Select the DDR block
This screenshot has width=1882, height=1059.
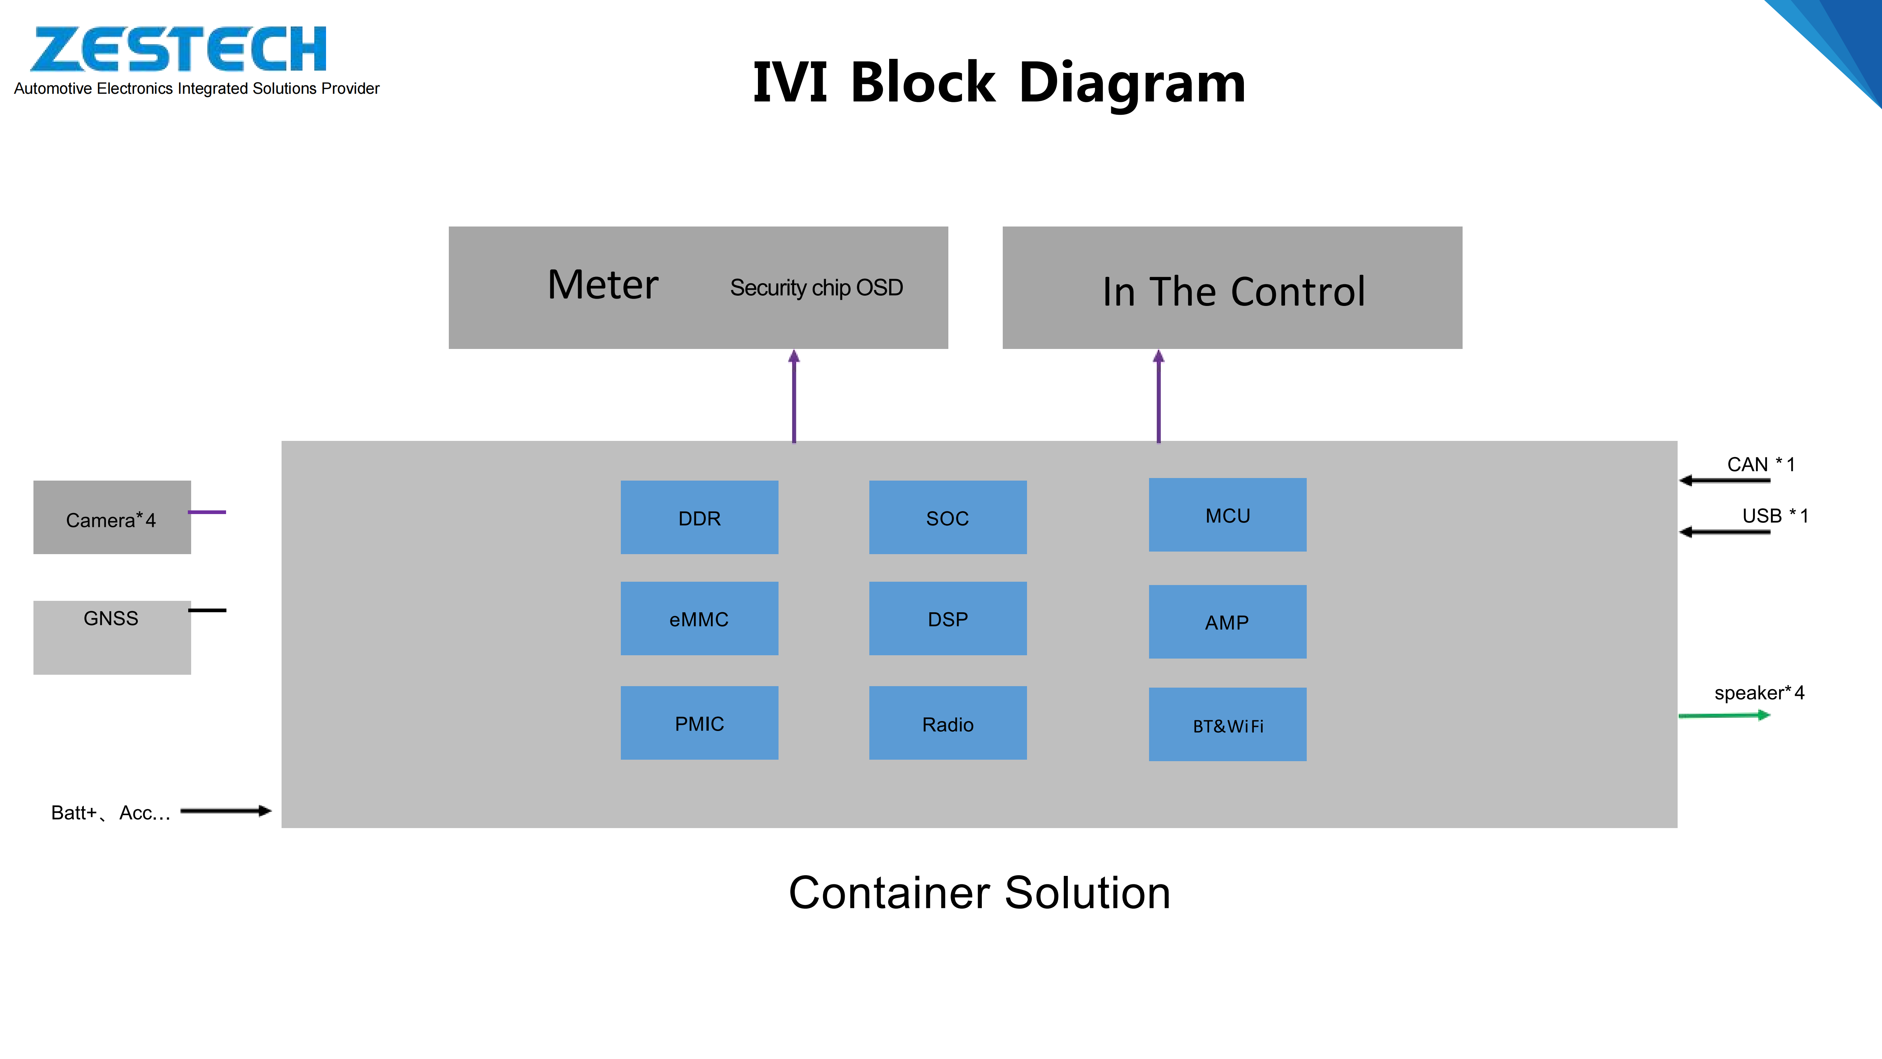coord(699,517)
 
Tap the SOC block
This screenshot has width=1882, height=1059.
coord(948,517)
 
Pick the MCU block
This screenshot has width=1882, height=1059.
coord(1227,515)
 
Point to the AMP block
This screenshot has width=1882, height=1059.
coord(1227,622)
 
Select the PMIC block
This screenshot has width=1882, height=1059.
coord(699,723)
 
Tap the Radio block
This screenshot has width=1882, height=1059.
coord(948,723)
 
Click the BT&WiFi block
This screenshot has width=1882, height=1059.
coord(1227,724)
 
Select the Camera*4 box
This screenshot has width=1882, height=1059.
coord(112,517)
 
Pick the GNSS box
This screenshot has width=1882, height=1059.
coord(112,637)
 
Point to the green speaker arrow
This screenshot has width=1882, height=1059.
coord(1724,716)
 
